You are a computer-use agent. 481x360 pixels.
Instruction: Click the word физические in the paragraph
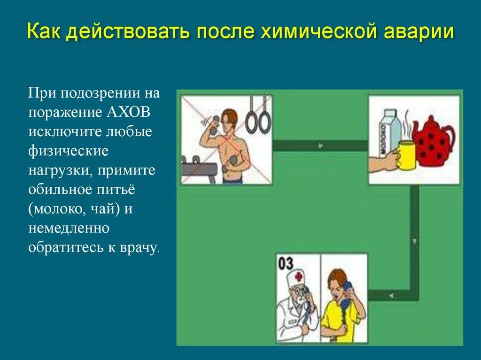coord(68,151)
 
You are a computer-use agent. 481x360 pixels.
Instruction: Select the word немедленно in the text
coord(69,228)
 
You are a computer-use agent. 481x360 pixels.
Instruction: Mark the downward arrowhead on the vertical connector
coord(414,242)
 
